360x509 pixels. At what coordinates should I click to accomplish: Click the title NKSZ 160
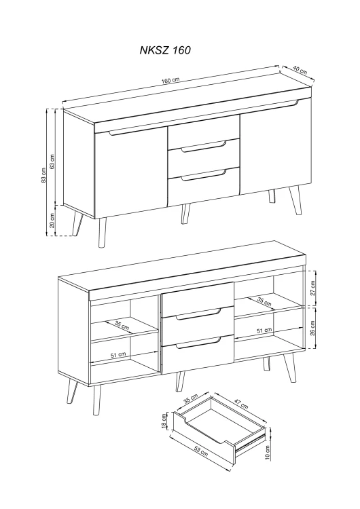click(x=165, y=50)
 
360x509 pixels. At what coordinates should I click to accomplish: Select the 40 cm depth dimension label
click(x=300, y=70)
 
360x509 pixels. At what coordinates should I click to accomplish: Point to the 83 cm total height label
click(x=43, y=175)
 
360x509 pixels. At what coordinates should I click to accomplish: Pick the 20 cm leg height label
click(x=52, y=221)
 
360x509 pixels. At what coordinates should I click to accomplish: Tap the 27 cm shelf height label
click(x=312, y=288)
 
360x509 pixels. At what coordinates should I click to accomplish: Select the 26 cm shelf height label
click(x=312, y=328)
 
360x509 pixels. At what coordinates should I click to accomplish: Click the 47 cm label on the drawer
click(x=241, y=403)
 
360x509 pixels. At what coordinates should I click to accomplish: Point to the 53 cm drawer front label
click(x=201, y=451)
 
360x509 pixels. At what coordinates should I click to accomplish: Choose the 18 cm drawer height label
click(x=164, y=421)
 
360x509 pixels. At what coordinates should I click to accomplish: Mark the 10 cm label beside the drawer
click(x=268, y=452)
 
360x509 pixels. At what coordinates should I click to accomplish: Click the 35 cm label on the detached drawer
click(x=191, y=398)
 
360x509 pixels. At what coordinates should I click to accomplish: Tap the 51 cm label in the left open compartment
click(x=118, y=355)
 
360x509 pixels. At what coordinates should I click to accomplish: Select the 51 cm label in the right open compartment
click(x=264, y=331)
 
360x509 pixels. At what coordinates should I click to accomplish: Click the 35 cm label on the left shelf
click(x=122, y=325)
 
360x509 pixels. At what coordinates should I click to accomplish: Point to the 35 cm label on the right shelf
click(x=264, y=301)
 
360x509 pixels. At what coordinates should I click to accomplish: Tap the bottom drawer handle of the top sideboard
click(x=204, y=176)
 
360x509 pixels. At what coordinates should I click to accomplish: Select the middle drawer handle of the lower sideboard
click(x=198, y=315)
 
